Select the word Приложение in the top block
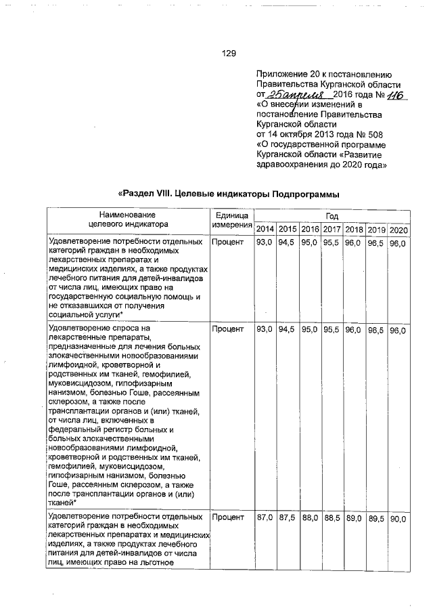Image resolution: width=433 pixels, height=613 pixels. pyautogui.click(x=282, y=75)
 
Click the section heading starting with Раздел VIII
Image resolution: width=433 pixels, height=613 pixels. pyautogui.click(x=228, y=194)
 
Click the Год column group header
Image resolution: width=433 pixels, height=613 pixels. pyautogui.click(x=332, y=216)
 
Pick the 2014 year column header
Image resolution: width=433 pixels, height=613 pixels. pyautogui.click(x=265, y=230)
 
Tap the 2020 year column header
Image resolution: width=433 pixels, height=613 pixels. pyautogui.click(x=398, y=230)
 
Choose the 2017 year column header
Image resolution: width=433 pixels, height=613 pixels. pyautogui.click(x=332, y=230)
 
